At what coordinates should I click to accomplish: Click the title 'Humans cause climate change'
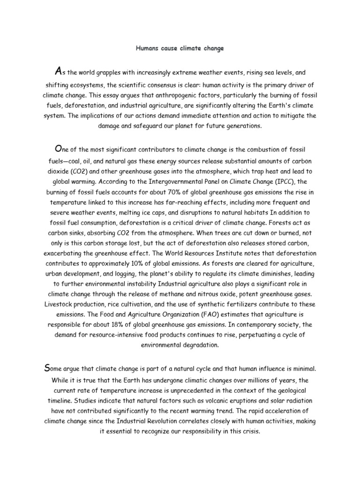[180, 48]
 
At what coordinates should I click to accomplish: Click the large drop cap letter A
[58, 71]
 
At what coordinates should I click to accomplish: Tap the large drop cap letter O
[58, 149]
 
